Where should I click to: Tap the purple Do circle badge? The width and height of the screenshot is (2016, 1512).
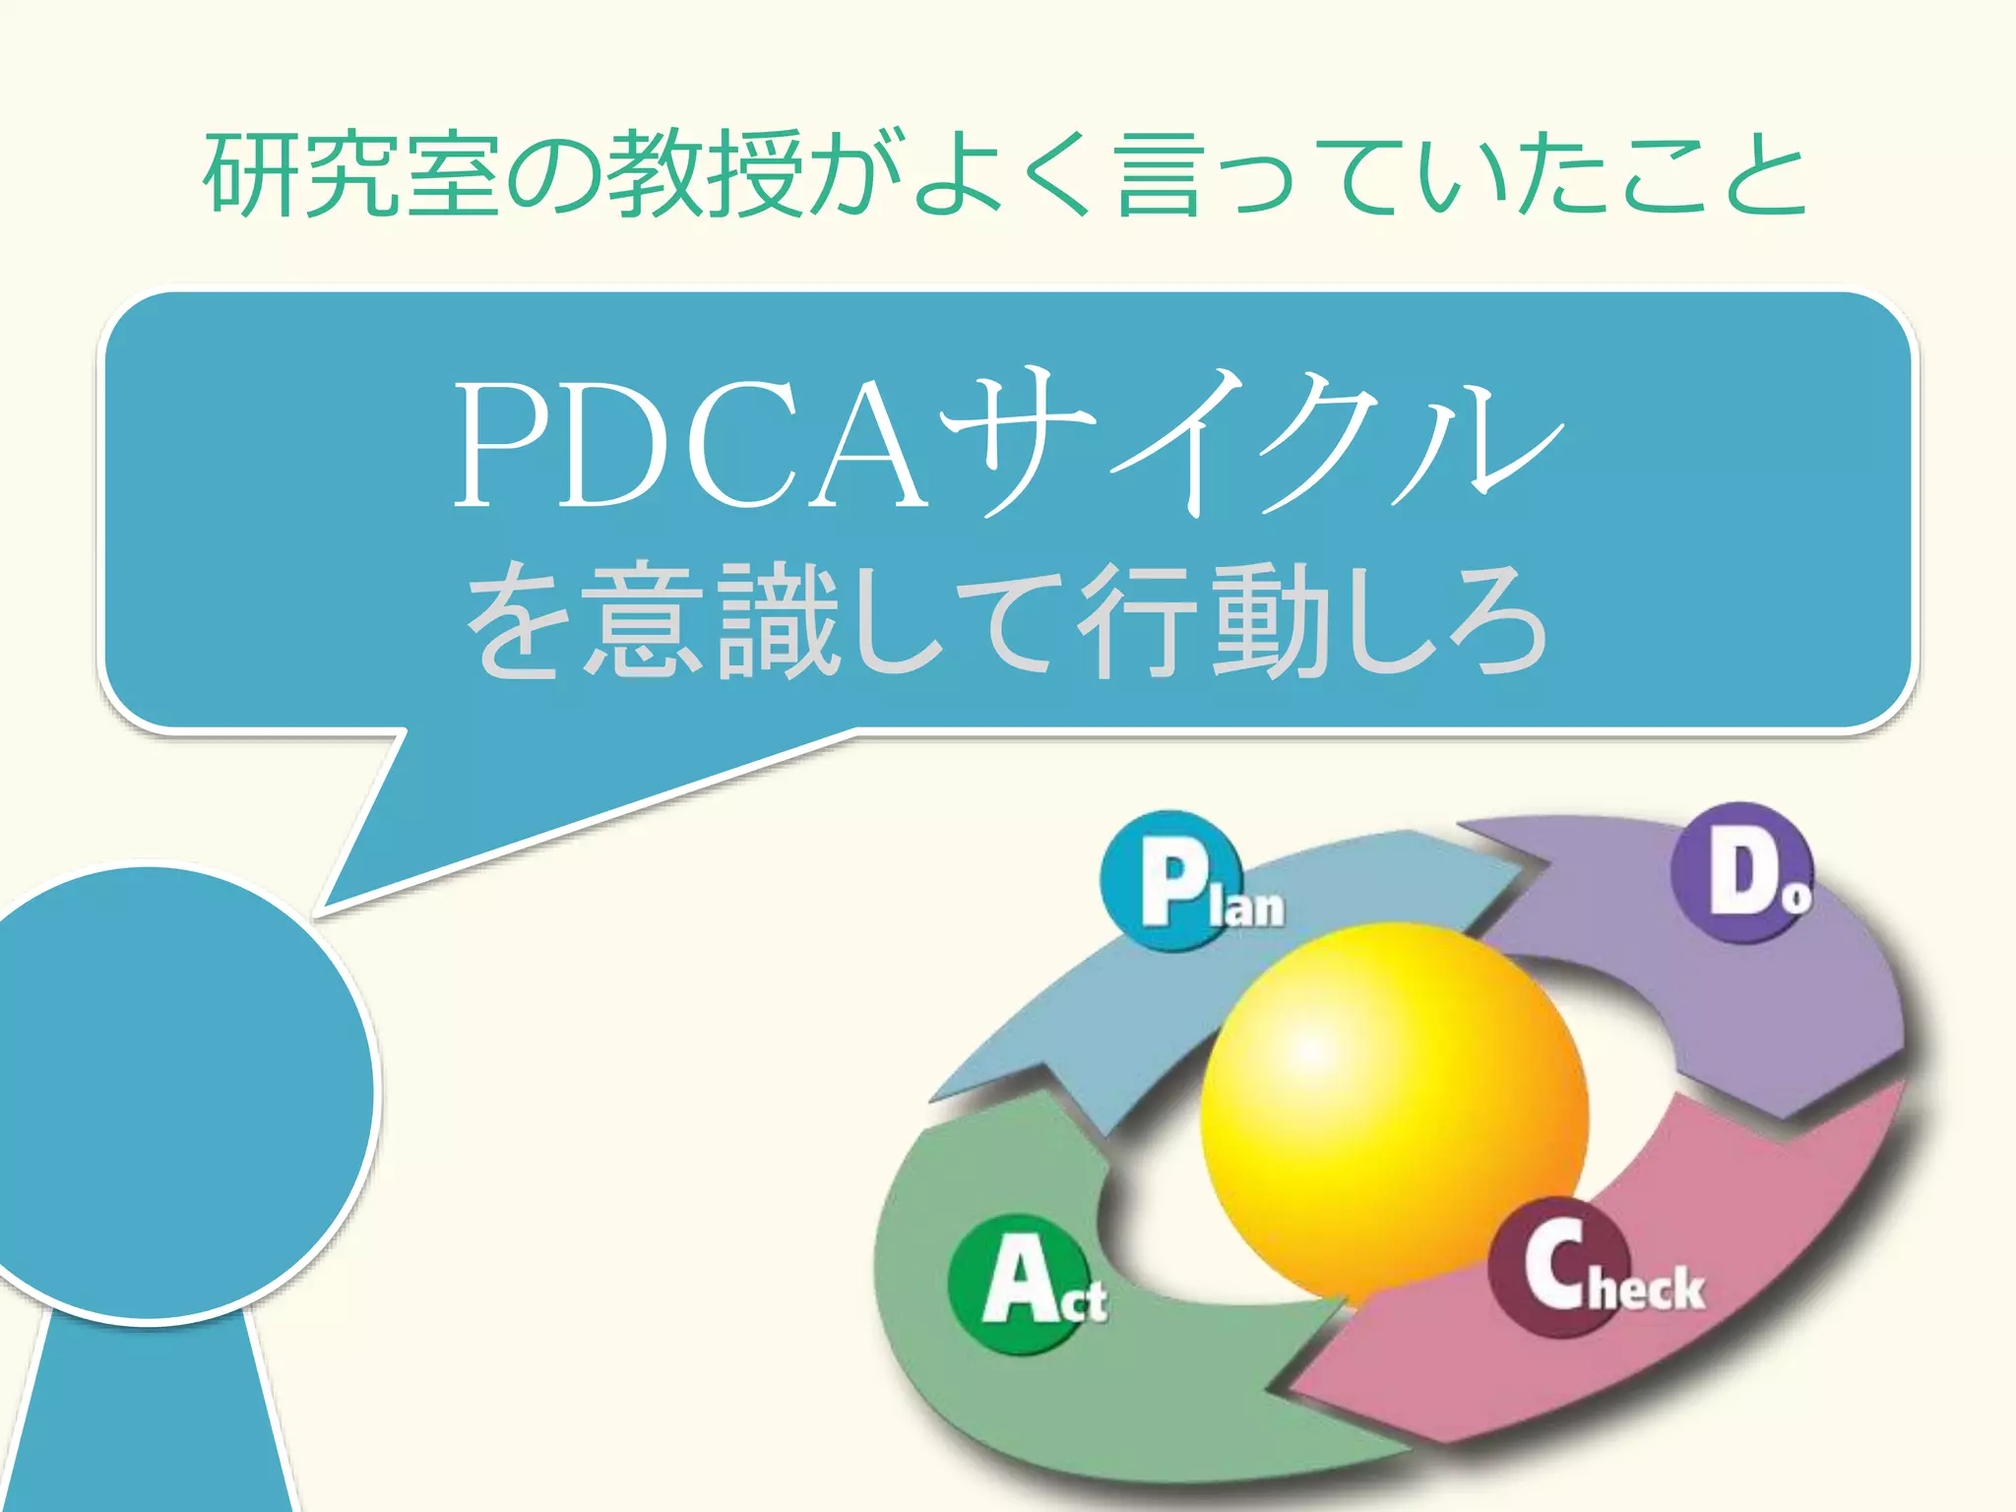click(x=1741, y=872)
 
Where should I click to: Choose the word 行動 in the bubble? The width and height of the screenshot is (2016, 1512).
click(x=1206, y=620)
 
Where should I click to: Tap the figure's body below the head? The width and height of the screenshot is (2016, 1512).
click(x=148, y=1427)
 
